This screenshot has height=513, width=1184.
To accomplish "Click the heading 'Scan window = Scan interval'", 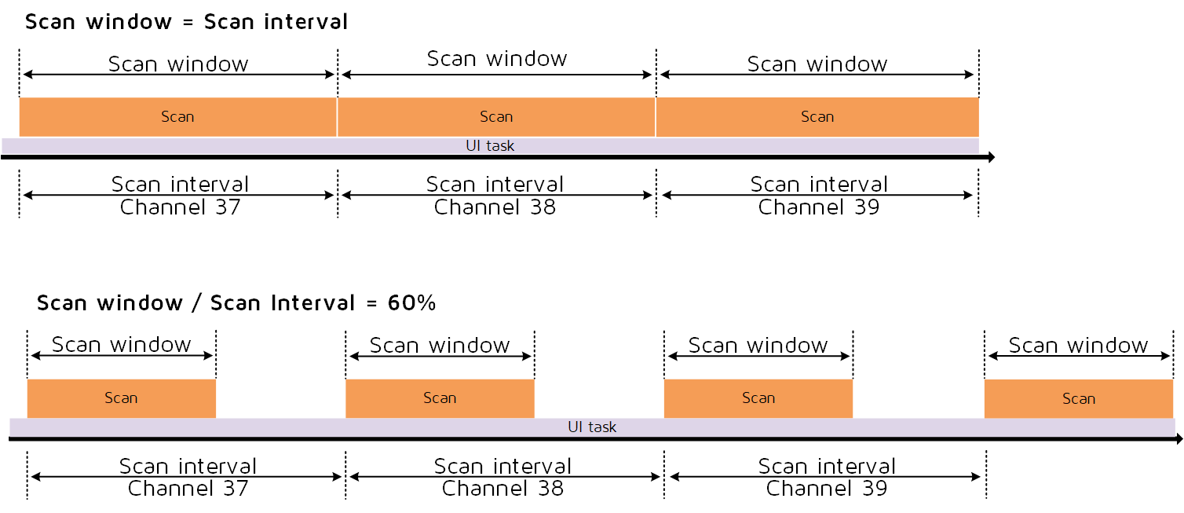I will (186, 22).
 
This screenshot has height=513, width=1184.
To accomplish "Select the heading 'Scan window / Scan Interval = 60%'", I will (236, 302).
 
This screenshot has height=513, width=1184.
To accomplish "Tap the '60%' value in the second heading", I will (411, 302).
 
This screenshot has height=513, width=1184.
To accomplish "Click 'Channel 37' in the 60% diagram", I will (188, 489).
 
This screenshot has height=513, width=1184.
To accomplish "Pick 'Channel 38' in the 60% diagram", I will (502, 489).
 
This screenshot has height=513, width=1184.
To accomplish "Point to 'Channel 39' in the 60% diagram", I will (826, 489).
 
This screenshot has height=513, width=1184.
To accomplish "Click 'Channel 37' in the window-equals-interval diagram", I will (180, 207).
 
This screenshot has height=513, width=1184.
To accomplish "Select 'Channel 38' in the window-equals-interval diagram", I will (495, 207).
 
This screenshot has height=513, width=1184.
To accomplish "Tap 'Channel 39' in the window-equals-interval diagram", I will (818, 207).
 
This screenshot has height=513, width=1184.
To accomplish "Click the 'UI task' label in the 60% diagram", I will (592, 427).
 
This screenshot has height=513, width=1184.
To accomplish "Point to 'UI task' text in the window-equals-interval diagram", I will (490, 146).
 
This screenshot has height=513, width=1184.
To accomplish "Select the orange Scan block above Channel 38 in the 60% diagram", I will (440, 398).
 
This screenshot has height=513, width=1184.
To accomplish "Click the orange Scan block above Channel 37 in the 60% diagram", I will (121, 398).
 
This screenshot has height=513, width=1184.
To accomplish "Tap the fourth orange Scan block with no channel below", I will (1078, 398).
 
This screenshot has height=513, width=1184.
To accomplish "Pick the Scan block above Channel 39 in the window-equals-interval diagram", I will (817, 117).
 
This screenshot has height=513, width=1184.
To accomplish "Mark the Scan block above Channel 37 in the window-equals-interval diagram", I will (177, 117).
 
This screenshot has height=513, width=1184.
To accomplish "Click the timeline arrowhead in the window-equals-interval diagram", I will (990, 157).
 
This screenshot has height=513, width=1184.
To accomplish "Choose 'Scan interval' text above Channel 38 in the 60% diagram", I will (502, 466).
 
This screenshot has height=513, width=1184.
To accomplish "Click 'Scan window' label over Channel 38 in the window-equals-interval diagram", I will (496, 59).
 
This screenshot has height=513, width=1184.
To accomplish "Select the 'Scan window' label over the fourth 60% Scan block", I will (1078, 346).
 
